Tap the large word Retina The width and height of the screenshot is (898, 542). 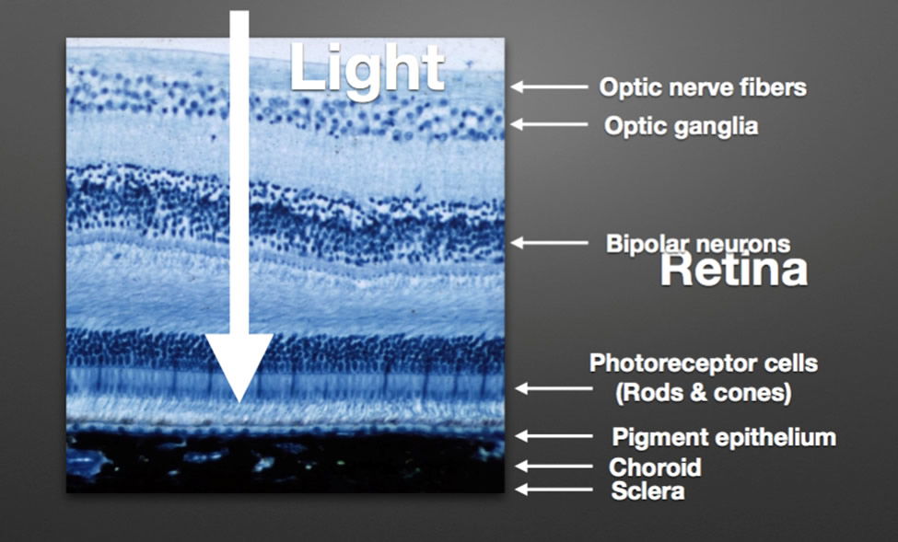pyautogui.click(x=734, y=271)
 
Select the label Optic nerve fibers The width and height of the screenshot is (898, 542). pyautogui.click(x=703, y=87)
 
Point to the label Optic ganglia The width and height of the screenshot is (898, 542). pyautogui.click(x=681, y=126)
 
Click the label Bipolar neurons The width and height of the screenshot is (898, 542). pyautogui.click(x=698, y=244)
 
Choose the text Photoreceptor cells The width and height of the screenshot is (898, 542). pyautogui.click(x=704, y=363)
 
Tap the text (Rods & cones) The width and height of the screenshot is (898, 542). pyautogui.click(x=704, y=393)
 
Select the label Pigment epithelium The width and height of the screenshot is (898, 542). pyautogui.click(x=724, y=437)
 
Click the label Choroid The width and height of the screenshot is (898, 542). pyautogui.click(x=655, y=467)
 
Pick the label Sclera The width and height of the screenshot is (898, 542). pyautogui.click(x=647, y=491)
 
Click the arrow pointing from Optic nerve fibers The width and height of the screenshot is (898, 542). pyautogui.click(x=549, y=87)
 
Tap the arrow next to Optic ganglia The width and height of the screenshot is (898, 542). pyautogui.click(x=549, y=124)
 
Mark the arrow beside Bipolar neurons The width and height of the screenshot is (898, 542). pyautogui.click(x=549, y=243)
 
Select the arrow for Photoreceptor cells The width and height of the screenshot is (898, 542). pyautogui.click(x=554, y=388)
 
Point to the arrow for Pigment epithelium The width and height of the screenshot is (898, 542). pyautogui.click(x=554, y=436)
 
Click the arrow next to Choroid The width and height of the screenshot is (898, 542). pyautogui.click(x=554, y=467)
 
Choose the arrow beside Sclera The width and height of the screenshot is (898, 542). pyautogui.click(x=554, y=490)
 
